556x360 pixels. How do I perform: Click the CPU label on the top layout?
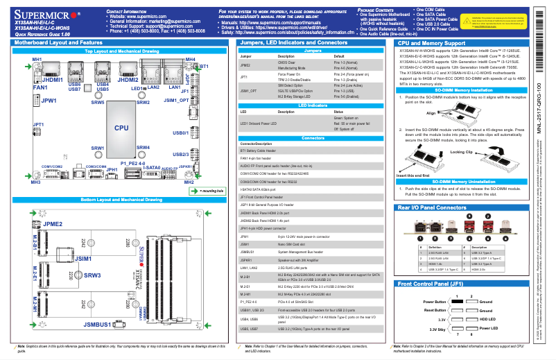(121, 128)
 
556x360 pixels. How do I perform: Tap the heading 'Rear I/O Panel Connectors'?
(432, 207)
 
